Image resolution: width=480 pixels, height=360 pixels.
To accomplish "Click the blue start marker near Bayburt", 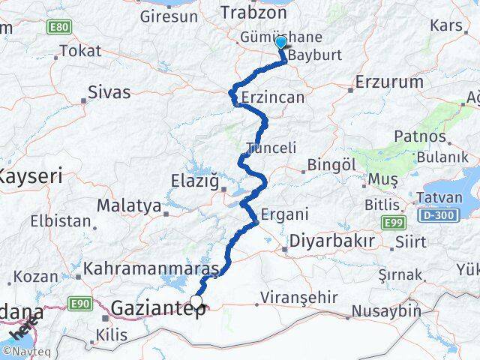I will click(x=281, y=42).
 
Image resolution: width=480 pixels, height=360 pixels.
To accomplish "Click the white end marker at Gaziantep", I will click(x=196, y=301).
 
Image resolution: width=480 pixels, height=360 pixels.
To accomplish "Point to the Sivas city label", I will click(x=109, y=93).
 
